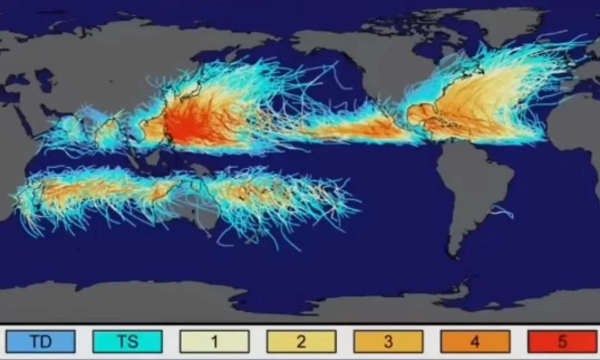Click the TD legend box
click(x=41, y=342)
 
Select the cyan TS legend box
click(x=128, y=342)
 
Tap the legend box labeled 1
click(x=214, y=342)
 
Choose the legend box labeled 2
click(x=301, y=342)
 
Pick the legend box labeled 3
click(x=388, y=342)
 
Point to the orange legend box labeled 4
click(x=475, y=342)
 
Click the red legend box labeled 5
click(x=562, y=342)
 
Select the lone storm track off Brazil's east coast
click(x=503, y=211)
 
